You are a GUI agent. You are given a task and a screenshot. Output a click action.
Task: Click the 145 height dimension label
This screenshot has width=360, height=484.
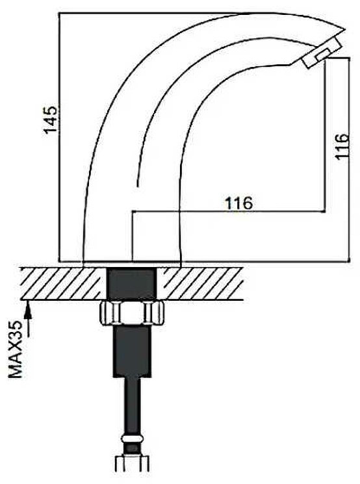(50, 120)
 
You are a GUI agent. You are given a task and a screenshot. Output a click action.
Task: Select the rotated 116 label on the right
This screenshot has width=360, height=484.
(342, 146)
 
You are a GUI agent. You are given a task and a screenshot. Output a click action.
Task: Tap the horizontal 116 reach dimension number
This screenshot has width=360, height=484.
(238, 203)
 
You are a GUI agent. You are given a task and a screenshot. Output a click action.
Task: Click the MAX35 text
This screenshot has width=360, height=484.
(16, 349)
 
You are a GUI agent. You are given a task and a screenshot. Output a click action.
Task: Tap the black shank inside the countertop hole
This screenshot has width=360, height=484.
(133, 284)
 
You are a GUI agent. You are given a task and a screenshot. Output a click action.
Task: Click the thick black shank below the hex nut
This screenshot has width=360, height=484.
(133, 351)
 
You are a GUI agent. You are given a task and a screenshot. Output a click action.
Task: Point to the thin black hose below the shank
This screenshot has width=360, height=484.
(133, 407)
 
